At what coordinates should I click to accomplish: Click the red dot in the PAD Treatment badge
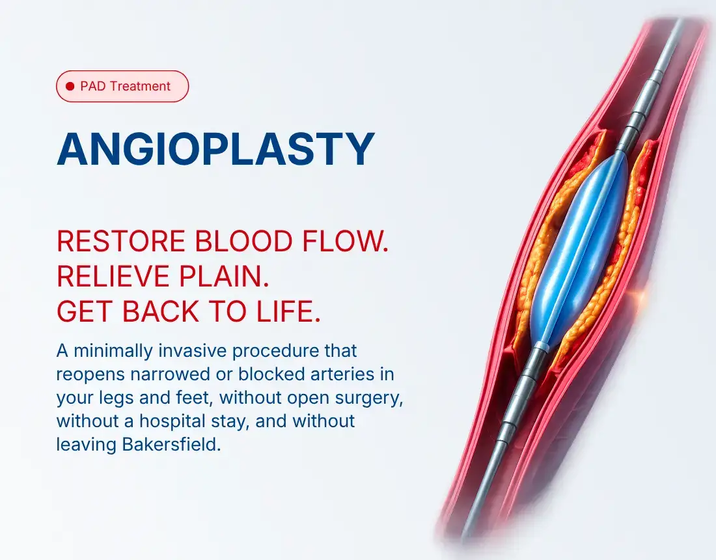click(70, 87)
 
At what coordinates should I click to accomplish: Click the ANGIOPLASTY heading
click(215, 149)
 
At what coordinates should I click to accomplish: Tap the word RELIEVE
click(114, 276)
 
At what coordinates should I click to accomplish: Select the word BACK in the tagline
click(161, 311)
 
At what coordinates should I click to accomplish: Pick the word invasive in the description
click(193, 351)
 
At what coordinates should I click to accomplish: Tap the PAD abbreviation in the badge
click(93, 87)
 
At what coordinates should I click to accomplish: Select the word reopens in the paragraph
click(90, 375)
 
